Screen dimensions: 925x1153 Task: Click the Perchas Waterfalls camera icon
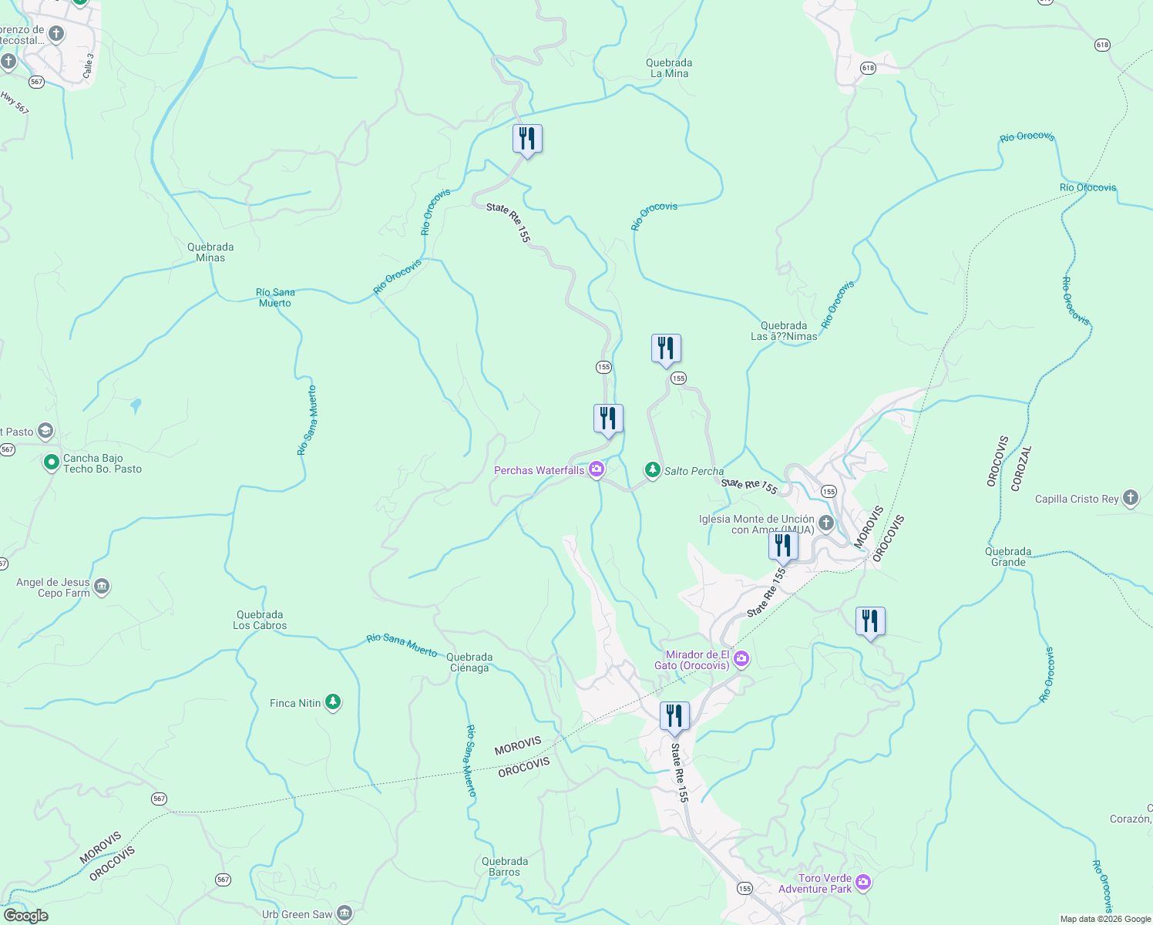pos(597,469)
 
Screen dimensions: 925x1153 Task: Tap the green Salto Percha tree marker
pos(653,470)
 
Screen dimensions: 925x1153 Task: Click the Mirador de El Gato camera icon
pos(741,658)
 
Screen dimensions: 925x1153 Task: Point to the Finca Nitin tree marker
pos(333,702)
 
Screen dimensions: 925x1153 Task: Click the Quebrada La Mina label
pos(669,68)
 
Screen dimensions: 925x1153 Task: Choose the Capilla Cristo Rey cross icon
pos(1131,498)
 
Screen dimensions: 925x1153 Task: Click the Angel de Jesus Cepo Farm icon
pos(102,587)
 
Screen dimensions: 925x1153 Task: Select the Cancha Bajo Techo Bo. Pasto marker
pos(52,462)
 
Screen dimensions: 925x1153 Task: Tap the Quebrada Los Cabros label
pos(260,620)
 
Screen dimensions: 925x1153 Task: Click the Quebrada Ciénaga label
pos(469,662)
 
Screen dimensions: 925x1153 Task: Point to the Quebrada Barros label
pos(505,866)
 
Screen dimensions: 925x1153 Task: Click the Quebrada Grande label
pos(1008,557)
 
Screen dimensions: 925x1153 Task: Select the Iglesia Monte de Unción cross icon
pos(825,524)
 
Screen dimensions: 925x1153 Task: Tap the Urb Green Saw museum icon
pos(345,914)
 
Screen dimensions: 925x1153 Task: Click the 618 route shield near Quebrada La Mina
pos(869,68)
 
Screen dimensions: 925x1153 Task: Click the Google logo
pos(25,915)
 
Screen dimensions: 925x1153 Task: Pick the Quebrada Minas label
pos(210,252)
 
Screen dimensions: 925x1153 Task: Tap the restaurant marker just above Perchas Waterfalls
pos(608,419)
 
